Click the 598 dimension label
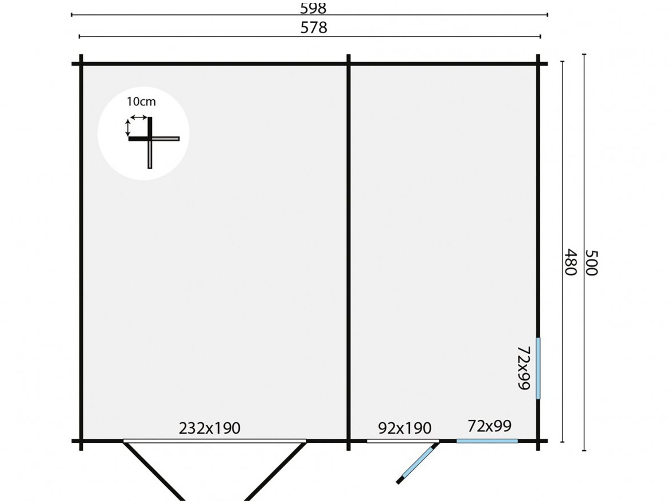pyautogui.click(x=313, y=7)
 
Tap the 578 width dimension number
pyautogui.click(x=314, y=27)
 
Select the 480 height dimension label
pyautogui.click(x=571, y=262)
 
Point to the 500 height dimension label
pyautogui.click(x=591, y=263)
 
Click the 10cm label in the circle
pyautogui.click(x=141, y=102)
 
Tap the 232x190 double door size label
pyautogui.click(x=209, y=428)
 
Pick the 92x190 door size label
pyautogui.click(x=404, y=428)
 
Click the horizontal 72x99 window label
pyautogui.click(x=490, y=426)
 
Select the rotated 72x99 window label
pyautogui.click(x=524, y=368)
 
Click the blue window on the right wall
pyautogui.click(x=539, y=368)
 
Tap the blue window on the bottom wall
pyautogui.click(x=487, y=441)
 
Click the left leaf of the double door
pyautogui.click(x=154, y=470)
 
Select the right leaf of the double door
pyautogui.click(x=276, y=470)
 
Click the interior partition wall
pyautogui.click(x=349, y=252)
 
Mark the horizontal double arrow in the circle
pyautogui.click(x=138, y=117)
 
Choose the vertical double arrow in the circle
pyautogui.click(x=127, y=128)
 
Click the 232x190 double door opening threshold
pyautogui.click(x=215, y=441)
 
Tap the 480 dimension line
pyautogui.click(x=562, y=252)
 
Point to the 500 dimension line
pyautogui.click(x=584, y=252)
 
